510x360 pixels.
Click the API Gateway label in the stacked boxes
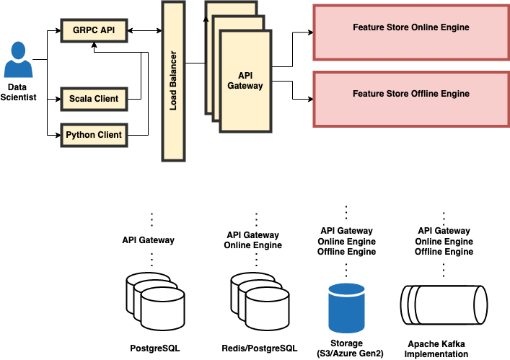[250, 80]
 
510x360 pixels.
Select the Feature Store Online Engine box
[410, 28]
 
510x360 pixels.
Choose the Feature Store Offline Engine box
[410, 95]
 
